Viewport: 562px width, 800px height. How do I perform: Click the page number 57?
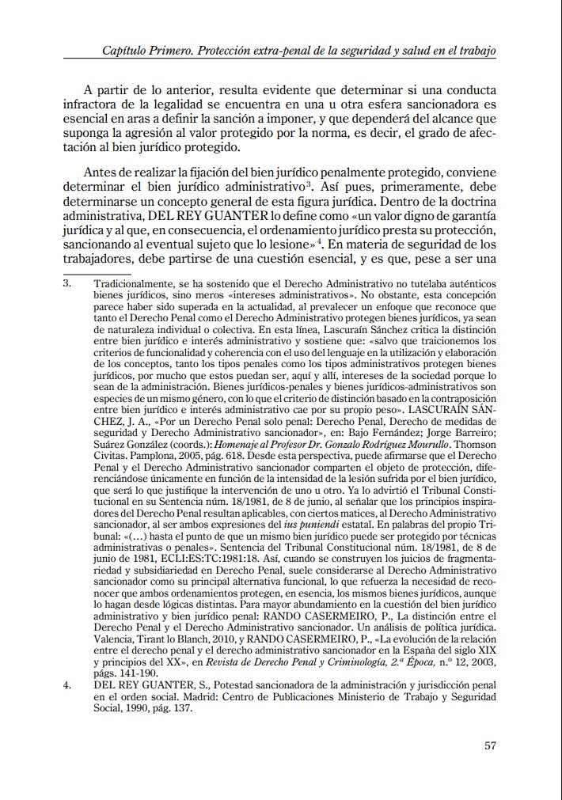tap(489, 745)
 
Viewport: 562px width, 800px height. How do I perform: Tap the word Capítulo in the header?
tap(128, 51)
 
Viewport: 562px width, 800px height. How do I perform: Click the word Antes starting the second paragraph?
tap(101, 173)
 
